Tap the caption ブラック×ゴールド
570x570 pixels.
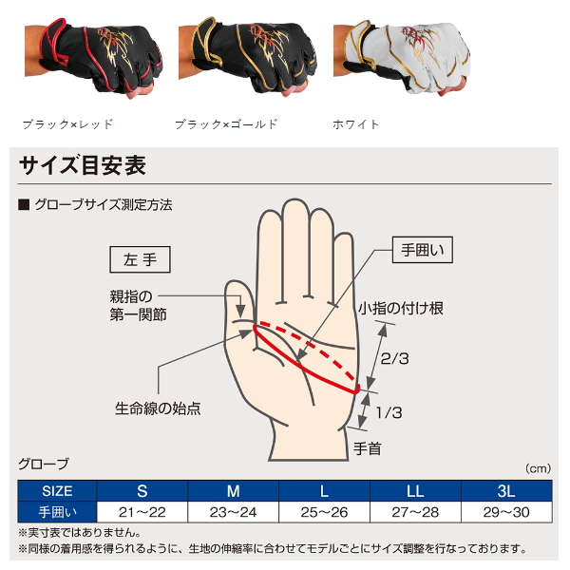[x=226, y=124]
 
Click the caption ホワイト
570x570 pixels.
[x=356, y=124]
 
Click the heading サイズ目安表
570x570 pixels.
[x=83, y=165]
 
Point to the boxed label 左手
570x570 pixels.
[x=140, y=258]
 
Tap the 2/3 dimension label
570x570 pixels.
[x=394, y=359]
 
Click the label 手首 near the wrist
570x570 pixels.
[x=367, y=447]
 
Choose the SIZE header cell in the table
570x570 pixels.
[x=57, y=491]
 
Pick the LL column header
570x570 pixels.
[x=415, y=491]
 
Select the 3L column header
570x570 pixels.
[x=504, y=491]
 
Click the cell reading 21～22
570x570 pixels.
[x=142, y=513]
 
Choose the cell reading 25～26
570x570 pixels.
[x=324, y=513]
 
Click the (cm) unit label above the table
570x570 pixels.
[x=538, y=468]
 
